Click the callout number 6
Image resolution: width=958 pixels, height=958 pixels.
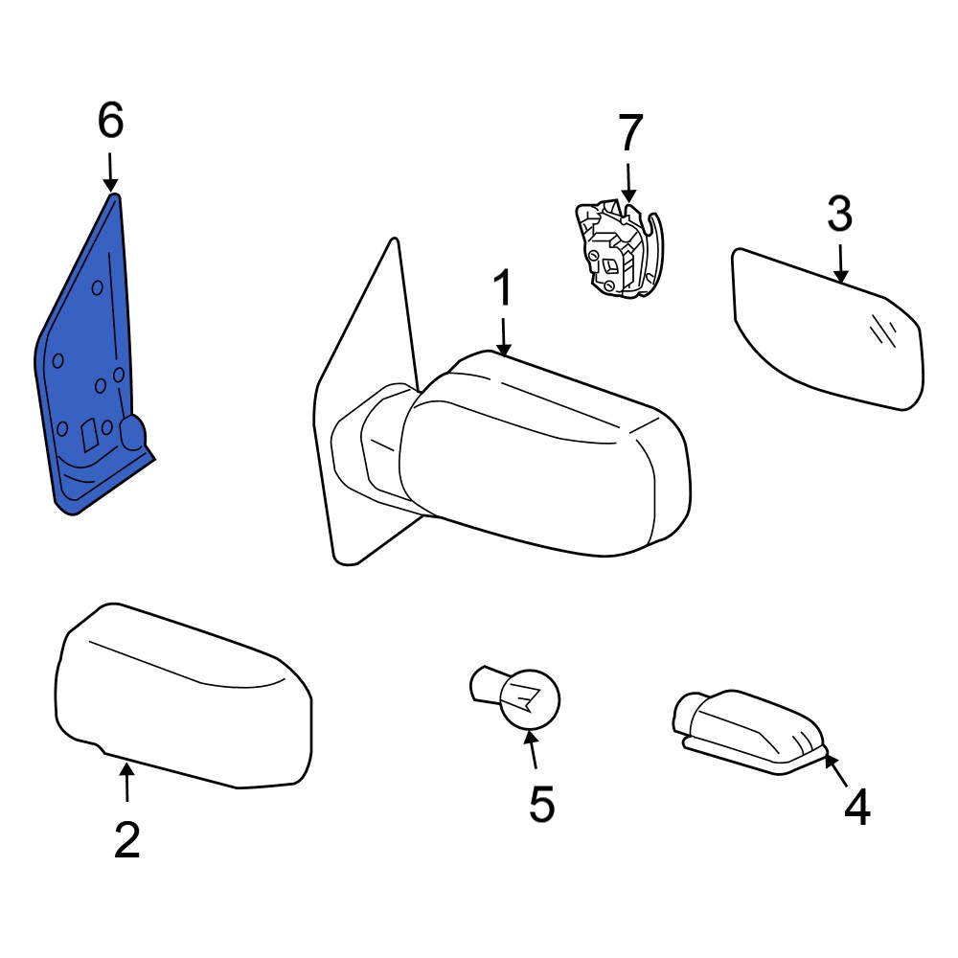[x=110, y=122]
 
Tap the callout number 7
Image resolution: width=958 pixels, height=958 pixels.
[x=628, y=133]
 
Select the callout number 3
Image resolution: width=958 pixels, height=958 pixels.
[x=839, y=216]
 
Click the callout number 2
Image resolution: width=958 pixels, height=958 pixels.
[x=126, y=839]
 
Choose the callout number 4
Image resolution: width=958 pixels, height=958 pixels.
[x=856, y=808]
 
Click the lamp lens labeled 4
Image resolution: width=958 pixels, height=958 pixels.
[x=752, y=733]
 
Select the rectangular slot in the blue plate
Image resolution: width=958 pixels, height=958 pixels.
[x=89, y=437]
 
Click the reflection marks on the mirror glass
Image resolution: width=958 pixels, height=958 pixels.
[x=883, y=331]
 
